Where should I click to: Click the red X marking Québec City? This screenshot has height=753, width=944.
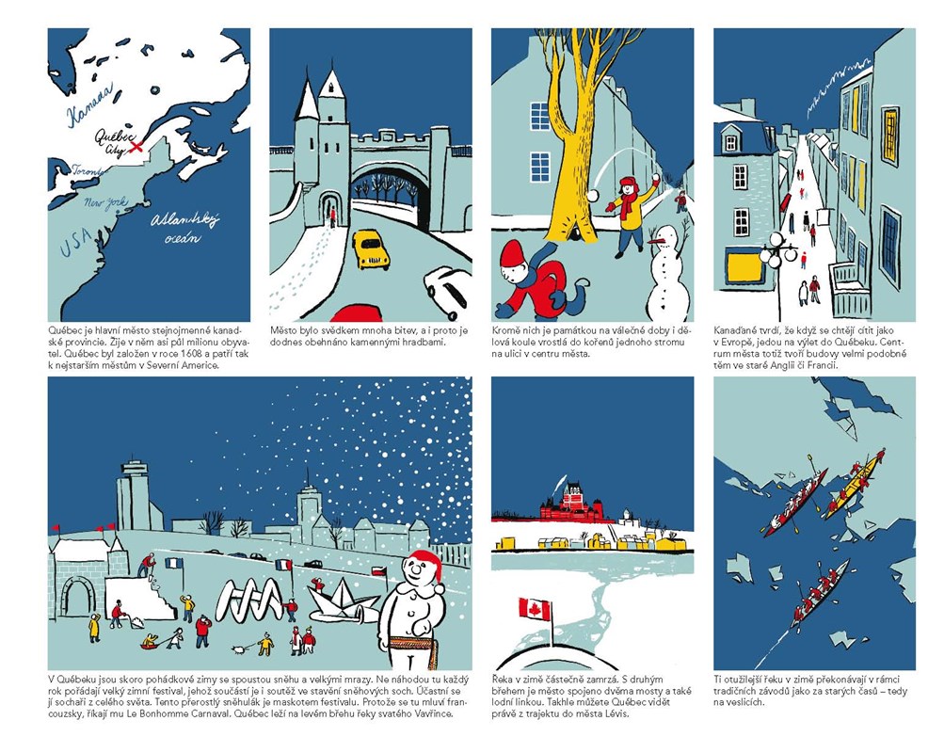[x=137, y=146]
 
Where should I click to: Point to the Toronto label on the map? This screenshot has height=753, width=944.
[x=88, y=171]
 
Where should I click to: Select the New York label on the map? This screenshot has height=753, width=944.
[x=106, y=203]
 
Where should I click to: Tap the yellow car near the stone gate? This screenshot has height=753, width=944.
[x=370, y=248]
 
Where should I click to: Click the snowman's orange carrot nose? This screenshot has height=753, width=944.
[x=658, y=241]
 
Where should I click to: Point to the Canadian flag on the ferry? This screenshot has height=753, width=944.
[x=535, y=609]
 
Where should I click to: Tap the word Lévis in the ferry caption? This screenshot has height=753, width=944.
[x=616, y=713]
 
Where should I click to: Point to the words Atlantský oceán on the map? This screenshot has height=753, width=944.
[x=184, y=228]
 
